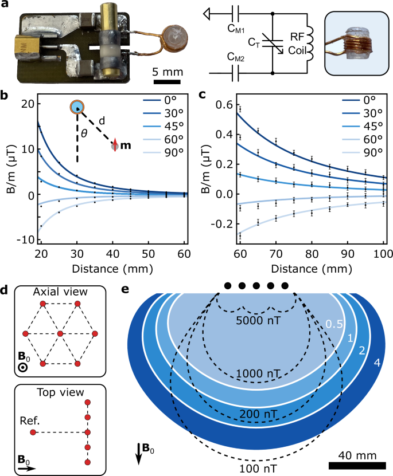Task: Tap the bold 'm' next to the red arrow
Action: coord(126,146)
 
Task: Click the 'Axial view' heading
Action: coord(60,290)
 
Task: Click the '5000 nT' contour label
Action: coord(256,321)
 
